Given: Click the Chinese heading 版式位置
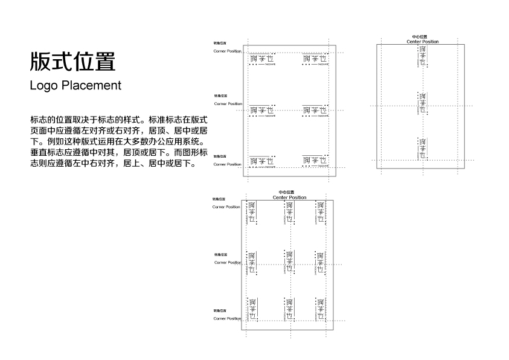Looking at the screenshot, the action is pyautogui.click(x=72, y=62).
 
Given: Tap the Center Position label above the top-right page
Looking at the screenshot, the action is pyautogui.click(x=422, y=42).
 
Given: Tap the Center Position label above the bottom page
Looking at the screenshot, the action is pyautogui.click(x=289, y=198).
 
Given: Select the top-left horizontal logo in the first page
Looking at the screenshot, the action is pyautogui.click(x=261, y=60).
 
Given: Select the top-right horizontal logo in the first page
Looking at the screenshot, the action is pyautogui.click(x=315, y=60).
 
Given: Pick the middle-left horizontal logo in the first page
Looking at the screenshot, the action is pyautogui.click(x=261, y=112).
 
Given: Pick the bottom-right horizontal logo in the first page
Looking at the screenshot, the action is pyautogui.click(x=315, y=161).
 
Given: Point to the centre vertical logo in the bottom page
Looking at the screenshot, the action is pyautogui.click(x=289, y=262).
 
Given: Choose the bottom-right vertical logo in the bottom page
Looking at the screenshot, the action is pyautogui.click(x=321, y=310).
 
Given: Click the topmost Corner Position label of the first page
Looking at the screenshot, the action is pyautogui.click(x=227, y=51).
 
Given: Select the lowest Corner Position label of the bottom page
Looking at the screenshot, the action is pyautogui.click(x=227, y=318).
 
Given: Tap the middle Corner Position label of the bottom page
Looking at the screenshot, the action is pyautogui.click(x=228, y=263).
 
